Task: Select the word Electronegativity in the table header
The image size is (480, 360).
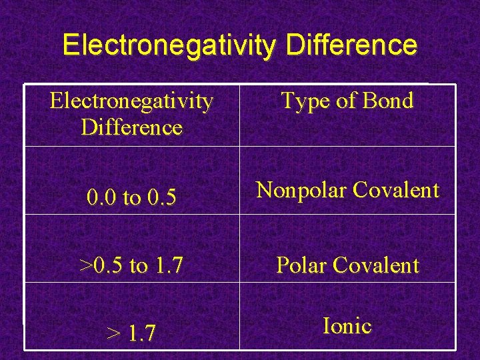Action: click(x=132, y=101)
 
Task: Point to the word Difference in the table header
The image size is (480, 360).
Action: click(x=132, y=127)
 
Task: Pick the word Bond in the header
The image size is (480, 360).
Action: click(x=387, y=101)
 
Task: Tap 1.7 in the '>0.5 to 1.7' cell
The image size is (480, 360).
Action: click(x=168, y=266)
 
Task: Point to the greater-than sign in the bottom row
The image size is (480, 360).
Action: click(x=113, y=333)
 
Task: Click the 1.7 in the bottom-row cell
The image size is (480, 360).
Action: click(x=142, y=333)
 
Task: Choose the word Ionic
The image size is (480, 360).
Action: click(x=347, y=326)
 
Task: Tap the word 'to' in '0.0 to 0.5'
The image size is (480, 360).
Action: click(x=131, y=198)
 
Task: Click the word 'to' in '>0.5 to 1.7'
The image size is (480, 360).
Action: click(x=138, y=266)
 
